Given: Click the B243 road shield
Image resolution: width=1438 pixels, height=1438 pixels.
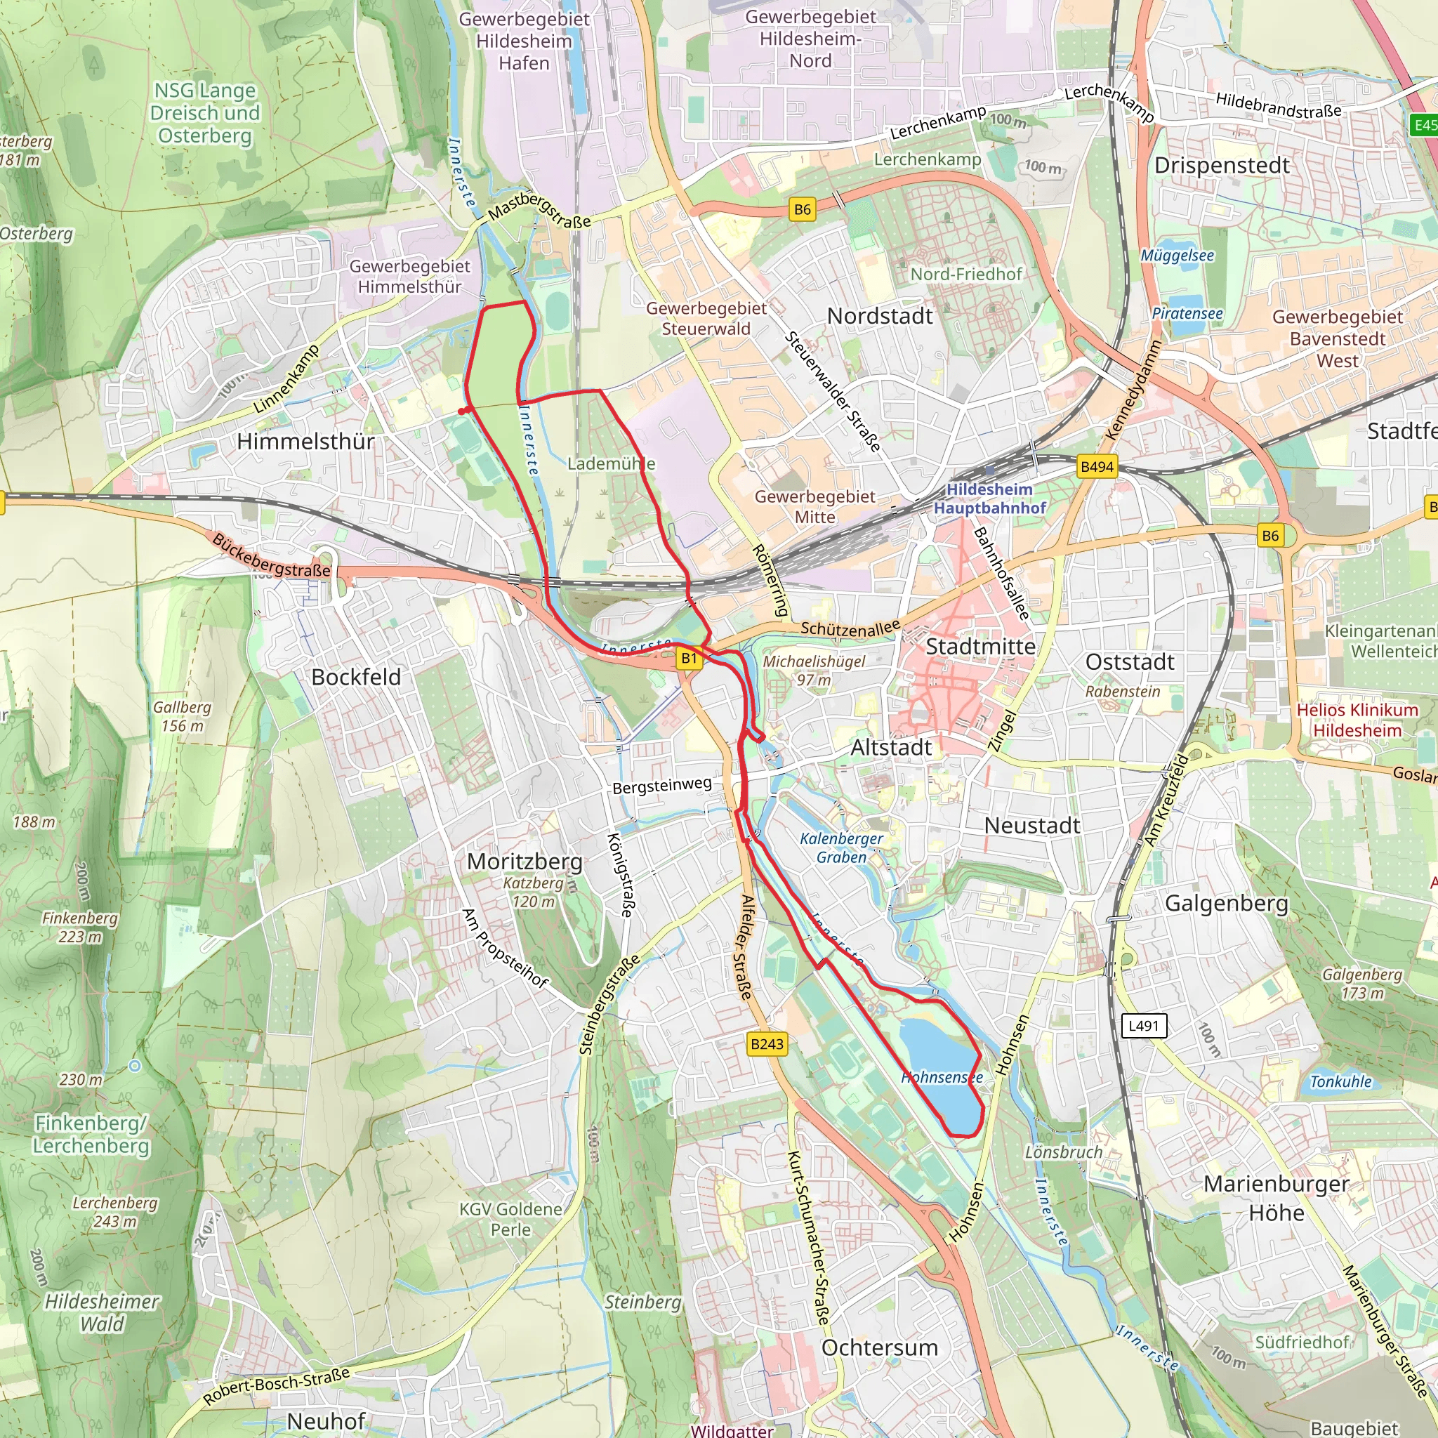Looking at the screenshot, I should pyautogui.click(x=767, y=1043).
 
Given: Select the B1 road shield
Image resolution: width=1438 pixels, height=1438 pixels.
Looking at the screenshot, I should pyautogui.click(x=690, y=658).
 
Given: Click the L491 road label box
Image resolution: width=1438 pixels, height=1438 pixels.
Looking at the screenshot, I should pyautogui.click(x=1143, y=1026).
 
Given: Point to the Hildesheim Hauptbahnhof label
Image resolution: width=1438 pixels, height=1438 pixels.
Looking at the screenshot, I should pyautogui.click(x=989, y=499).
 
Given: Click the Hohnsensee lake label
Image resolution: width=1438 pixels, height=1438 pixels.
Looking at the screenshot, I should pyautogui.click(x=942, y=1077).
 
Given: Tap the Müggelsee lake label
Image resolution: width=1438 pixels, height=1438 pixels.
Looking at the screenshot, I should pyautogui.click(x=1178, y=256).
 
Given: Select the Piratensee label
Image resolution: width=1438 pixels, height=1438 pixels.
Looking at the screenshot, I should pyautogui.click(x=1187, y=313).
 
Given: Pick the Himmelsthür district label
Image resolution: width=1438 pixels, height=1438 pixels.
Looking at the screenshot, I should pyautogui.click(x=305, y=442).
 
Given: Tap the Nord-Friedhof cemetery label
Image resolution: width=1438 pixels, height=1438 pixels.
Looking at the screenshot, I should pyautogui.click(x=966, y=274).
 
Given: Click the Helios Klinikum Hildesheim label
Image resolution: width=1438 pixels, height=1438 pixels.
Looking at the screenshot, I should pyautogui.click(x=1357, y=720).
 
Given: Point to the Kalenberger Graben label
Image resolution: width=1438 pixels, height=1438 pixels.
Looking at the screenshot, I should pyautogui.click(x=841, y=847).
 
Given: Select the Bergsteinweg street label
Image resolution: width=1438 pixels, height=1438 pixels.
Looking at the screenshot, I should pyautogui.click(x=661, y=785).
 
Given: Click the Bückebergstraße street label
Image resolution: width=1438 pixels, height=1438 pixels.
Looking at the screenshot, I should pyautogui.click(x=271, y=555).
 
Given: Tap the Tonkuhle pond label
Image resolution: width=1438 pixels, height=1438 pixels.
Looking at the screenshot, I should pyautogui.click(x=1340, y=1081).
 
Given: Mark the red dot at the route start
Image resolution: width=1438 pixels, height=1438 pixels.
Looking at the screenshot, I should pyautogui.click(x=462, y=411).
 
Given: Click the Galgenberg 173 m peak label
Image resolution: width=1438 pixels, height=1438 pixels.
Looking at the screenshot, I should pyautogui.click(x=1361, y=983).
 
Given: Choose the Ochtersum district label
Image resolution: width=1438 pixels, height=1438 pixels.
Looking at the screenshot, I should pyautogui.click(x=879, y=1347).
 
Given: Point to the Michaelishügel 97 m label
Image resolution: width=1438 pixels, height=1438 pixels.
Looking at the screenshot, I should pyautogui.click(x=814, y=670).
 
